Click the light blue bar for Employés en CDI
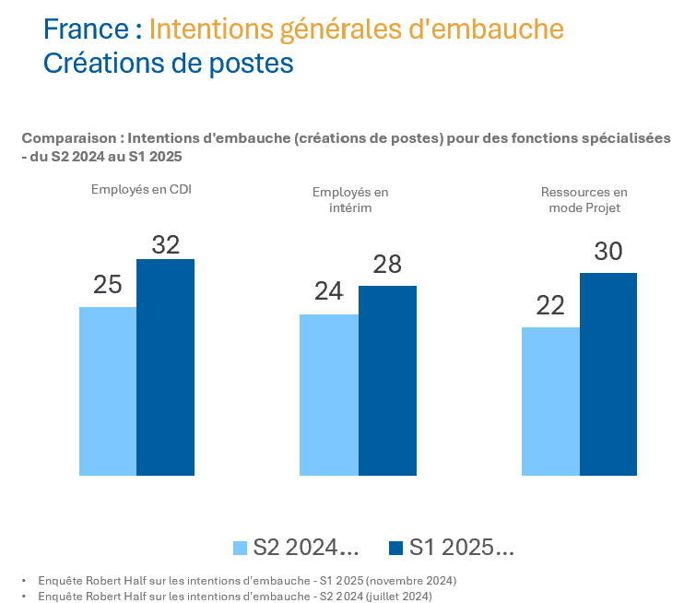pos(108,391)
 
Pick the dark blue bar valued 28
pos(387,380)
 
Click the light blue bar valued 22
pos(550,401)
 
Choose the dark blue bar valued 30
pos(608,373)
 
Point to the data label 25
pos(108,285)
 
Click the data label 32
pos(165,244)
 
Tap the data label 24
pos(329,291)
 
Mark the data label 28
pos(387,265)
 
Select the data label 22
pos(550,305)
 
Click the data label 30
pos(608,251)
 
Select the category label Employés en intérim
pos(350,200)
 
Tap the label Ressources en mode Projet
pos(584,200)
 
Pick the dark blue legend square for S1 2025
pos(396,548)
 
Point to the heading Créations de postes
pos(168,64)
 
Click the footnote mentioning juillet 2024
pos(234,596)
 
